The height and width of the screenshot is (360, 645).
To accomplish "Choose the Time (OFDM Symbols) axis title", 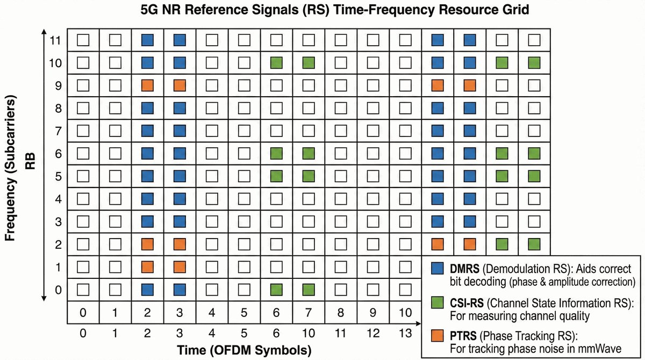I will pyautogui.click(x=245, y=351).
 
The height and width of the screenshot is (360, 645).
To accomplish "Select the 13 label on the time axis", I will pyautogui.click(x=406, y=333).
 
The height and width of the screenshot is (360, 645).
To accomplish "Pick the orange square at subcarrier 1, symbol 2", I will pyautogui.click(x=147, y=267).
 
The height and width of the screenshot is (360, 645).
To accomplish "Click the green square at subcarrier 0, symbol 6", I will pyautogui.click(x=276, y=290).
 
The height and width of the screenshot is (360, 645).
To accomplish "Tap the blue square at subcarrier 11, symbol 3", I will pyautogui.click(x=180, y=40).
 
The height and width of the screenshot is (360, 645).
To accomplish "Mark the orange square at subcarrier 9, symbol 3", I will pyautogui.click(x=180, y=85).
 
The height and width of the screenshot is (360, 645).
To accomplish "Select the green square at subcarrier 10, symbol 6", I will pyautogui.click(x=276, y=63).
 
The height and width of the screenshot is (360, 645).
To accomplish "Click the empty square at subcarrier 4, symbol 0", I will pyautogui.click(x=83, y=199).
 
